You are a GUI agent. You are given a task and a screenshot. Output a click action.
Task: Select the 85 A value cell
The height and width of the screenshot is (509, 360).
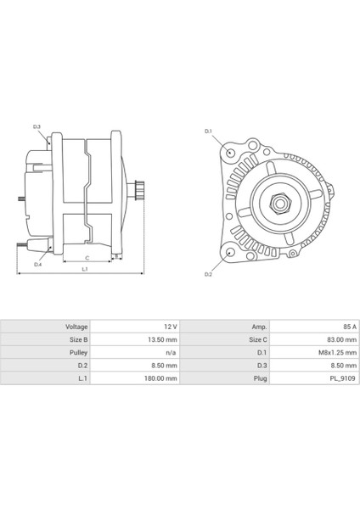(340, 326)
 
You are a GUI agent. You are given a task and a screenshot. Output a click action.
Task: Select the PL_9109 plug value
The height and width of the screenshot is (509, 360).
(335, 373)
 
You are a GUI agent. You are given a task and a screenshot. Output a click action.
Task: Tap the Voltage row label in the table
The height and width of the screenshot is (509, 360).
(76, 326)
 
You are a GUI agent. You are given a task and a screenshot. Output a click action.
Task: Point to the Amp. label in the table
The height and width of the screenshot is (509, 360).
(260, 326)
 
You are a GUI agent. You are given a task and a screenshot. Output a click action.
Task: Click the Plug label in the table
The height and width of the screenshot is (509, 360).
(261, 373)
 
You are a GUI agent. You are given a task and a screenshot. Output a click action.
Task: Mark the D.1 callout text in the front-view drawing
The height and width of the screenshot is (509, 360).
(208, 132)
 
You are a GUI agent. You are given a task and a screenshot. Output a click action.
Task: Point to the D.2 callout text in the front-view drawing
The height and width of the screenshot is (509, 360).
(208, 275)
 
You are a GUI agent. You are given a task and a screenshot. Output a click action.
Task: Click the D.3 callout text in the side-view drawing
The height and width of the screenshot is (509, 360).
(37, 126)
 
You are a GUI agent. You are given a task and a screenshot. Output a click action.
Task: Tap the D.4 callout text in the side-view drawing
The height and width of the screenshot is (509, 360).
(37, 266)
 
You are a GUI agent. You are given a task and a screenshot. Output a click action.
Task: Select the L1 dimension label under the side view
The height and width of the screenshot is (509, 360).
(84, 269)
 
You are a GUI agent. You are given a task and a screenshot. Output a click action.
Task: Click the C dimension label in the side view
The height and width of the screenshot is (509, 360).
(87, 255)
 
